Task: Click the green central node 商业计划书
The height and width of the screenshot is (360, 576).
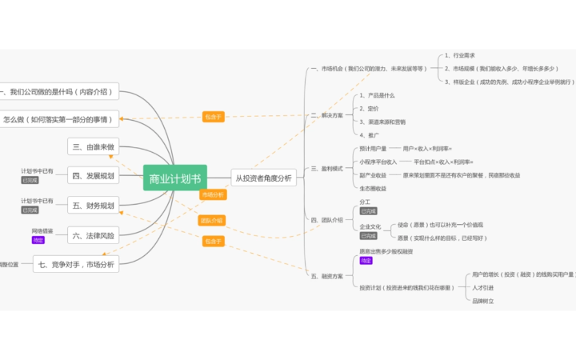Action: [174, 178]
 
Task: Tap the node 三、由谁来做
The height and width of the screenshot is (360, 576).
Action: [94, 146]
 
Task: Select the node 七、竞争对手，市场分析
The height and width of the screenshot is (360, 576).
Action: [76, 264]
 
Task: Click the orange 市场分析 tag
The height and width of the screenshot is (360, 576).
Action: [214, 194]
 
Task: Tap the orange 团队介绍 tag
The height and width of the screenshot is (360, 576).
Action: [212, 220]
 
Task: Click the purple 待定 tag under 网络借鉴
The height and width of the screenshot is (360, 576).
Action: [38, 240]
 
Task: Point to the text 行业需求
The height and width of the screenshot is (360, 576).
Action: [463, 56]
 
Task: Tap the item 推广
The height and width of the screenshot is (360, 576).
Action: [372, 135]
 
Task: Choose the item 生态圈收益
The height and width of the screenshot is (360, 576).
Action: [373, 188]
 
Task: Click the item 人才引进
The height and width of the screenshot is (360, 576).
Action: [483, 288]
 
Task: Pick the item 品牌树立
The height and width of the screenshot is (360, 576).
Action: [483, 301]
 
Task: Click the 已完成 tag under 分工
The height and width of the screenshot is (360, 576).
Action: [368, 211]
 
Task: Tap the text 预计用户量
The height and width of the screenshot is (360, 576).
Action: [373, 149]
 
